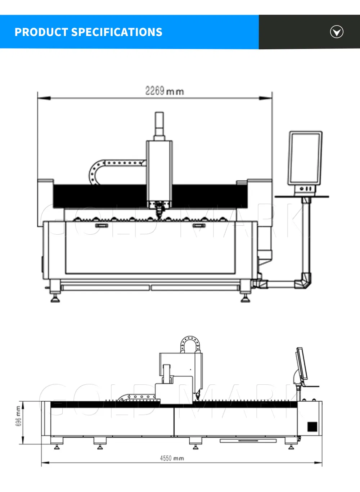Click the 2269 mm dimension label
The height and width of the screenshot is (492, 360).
pyautogui.click(x=165, y=91)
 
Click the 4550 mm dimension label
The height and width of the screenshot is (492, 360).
pyautogui.click(x=172, y=458)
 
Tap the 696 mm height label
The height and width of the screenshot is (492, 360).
pyautogui.click(x=18, y=416)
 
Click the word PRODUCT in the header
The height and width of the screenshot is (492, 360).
pyautogui.click(x=41, y=32)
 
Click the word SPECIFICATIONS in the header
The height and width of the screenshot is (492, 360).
pyautogui.click(x=117, y=32)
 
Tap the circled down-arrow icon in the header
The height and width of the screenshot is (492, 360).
pyautogui.click(x=337, y=32)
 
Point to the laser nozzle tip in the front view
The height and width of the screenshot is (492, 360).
pyautogui.click(x=158, y=216)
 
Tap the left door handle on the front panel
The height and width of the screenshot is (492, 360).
pyautogui.click(x=101, y=226)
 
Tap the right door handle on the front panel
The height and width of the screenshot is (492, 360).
pyautogui.click(x=199, y=226)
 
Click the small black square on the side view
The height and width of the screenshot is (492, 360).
pyautogui.click(x=312, y=427)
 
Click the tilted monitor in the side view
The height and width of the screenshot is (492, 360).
pyautogui.click(x=301, y=364)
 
